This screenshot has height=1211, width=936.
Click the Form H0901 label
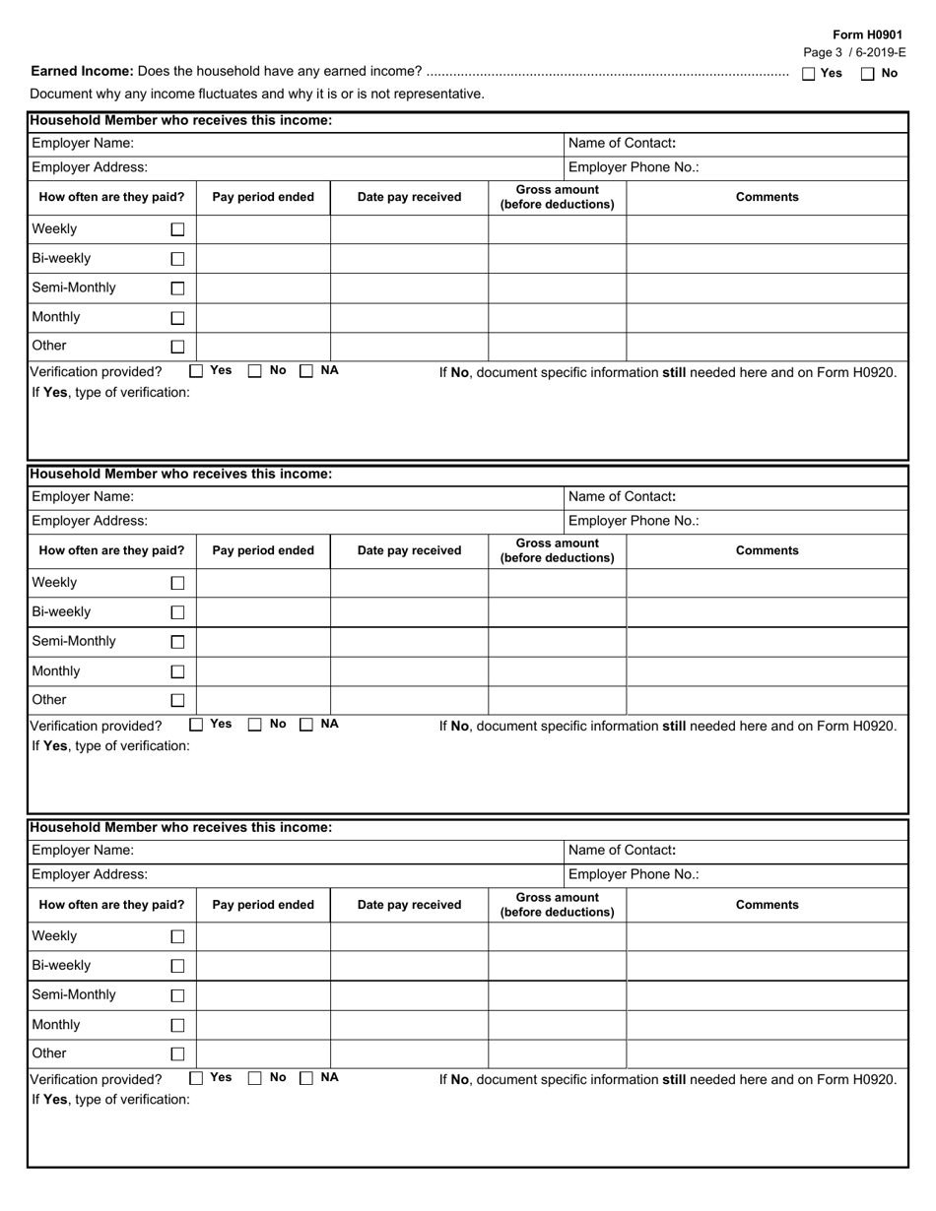pos(867,34)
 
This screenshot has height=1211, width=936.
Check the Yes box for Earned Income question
pos(809,73)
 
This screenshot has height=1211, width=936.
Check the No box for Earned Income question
pos(868,73)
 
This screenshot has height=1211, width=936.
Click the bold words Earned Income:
pos(83,71)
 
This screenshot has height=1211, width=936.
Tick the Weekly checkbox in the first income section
pos(177,229)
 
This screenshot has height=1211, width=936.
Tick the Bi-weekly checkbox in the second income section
pos(177,612)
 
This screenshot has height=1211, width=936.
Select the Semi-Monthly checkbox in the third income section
pos(177,995)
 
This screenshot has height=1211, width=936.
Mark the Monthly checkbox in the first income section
pos(177,318)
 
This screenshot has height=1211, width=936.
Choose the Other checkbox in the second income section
pos(177,701)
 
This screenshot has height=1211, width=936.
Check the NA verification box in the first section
pos(306,371)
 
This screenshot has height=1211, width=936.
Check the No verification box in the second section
pos(255,725)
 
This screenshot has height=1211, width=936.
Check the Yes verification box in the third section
pos(196,1078)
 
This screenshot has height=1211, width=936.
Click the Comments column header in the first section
pos(767,197)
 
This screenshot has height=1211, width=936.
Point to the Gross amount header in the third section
pos(557,905)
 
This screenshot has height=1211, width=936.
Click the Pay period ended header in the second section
pos(263,550)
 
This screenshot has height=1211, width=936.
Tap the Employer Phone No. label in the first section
pos(634,167)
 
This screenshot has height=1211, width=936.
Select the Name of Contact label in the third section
pos(622,850)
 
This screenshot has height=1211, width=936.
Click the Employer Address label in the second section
pos(90,521)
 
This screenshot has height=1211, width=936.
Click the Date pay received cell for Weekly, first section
pos(409,229)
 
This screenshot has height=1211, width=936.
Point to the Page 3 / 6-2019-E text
pos(854,53)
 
